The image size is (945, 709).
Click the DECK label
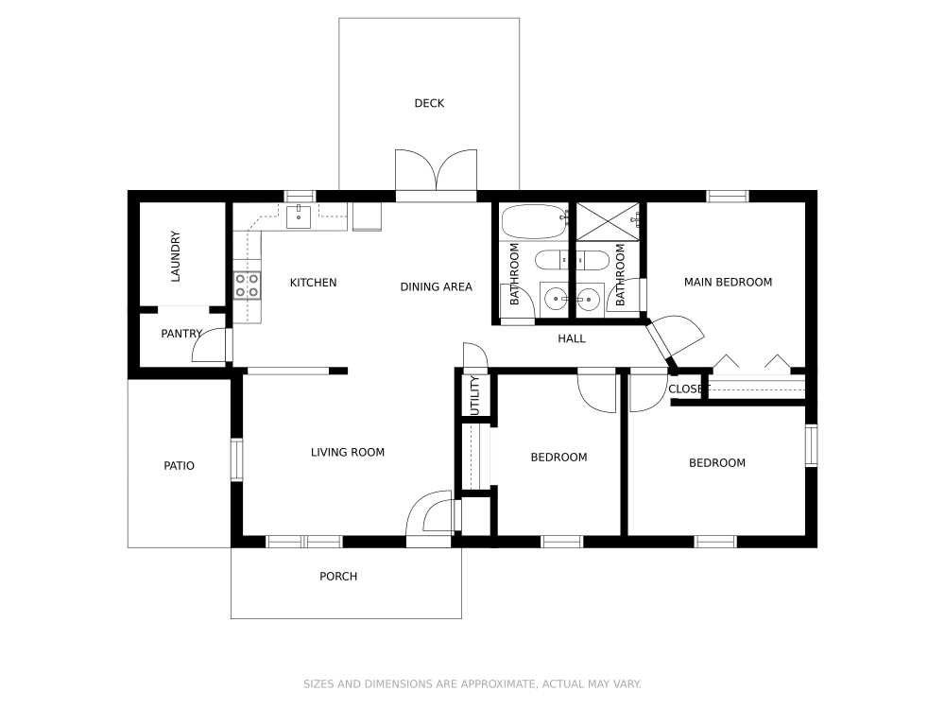(x=429, y=103)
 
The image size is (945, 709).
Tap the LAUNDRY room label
(x=175, y=257)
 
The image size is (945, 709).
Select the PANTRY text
(x=181, y=334)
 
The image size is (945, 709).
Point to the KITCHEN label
(x=313, y=283)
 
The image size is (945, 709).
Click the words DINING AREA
(x=436, y=287)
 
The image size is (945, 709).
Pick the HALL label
(x=572, y=338)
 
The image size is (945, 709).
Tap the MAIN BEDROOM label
(x=728, y=282)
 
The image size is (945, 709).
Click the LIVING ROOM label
(x=348, y=453)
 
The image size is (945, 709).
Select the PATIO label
(x=179, y=466)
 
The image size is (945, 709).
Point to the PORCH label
(x=338, y=577)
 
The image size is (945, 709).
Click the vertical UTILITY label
(x=475, y=395)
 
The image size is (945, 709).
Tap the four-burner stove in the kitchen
(x=248, y=285)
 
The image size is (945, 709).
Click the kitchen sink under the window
(x=300, y=216)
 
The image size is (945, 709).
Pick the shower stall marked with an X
(x=608, y=221)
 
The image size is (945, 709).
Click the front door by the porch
(x=430, y=517)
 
